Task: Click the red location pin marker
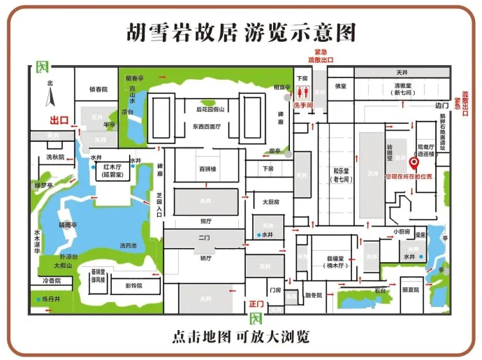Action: click(x=413, y=164)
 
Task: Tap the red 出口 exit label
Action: click(x=59, y=120)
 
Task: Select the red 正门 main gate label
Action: click(x=256, y=304)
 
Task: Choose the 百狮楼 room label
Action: click(x=208, y=170)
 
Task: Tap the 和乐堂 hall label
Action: click(x=341, y=174)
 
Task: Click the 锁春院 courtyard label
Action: click(x=98, y=89)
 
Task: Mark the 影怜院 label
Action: click(x=133, y=286)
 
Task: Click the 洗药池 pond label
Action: click(x=129, y=245)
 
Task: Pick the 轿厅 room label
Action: click(x=205, y=258)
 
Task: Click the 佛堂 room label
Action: click(x=340, y=87)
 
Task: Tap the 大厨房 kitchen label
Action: click(x=271, y=202)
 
